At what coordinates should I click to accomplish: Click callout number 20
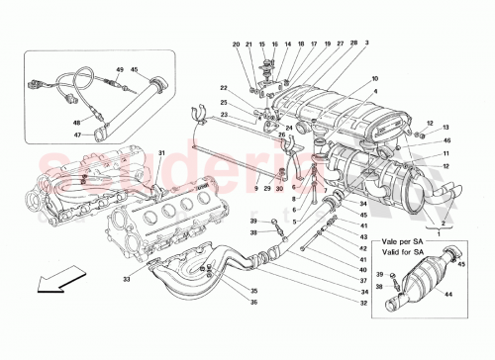(x=238, y=45)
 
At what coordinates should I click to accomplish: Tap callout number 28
(x=340, y=45)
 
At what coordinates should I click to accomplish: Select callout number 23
(x=225, y=116)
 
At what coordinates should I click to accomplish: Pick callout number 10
(x=374, y=77)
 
